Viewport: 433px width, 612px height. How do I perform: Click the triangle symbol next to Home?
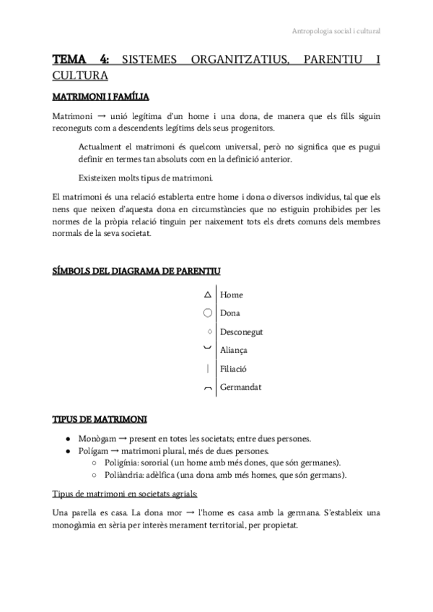click(208, 295)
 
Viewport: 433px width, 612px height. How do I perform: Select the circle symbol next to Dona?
click(208, 313)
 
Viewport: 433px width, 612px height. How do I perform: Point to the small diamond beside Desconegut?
click(209, 332)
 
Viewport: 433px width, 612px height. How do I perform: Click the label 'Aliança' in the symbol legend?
click(234, 350)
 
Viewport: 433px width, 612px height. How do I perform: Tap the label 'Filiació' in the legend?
click(234, 369)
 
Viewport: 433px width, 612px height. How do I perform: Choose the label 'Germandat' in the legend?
click(240, 387)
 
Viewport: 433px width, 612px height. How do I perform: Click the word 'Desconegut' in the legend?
click(242, 332)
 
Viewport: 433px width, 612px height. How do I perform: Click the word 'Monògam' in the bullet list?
click(95, 439)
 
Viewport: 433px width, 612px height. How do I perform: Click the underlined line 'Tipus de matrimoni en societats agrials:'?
click(126, 494)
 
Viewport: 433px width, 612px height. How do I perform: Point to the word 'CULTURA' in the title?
click(80, 74)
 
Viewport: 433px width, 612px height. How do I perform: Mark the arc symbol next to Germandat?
click(208, 388)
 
